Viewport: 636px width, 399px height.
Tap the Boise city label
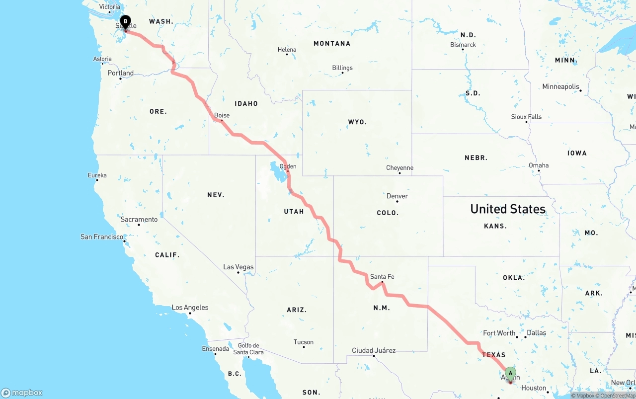click(222, 115)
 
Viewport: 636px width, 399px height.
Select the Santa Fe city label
click(382, 276)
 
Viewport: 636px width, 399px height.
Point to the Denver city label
click(397, 196)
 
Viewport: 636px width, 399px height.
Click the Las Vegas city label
click(238, 267)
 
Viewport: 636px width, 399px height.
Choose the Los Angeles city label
click(190, 307)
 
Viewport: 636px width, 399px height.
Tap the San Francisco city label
click(102, 237)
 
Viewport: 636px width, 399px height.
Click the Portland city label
click(120, 73)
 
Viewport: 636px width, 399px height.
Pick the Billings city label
click(342, 68)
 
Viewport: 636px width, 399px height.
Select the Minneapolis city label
click(561, 86)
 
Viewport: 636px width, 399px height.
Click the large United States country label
click(508, 209)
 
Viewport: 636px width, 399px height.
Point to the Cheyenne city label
click(399, 168)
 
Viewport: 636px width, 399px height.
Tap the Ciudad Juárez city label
click(374, 350)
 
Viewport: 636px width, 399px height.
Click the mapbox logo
click(22, 393)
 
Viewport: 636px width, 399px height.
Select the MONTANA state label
click(332, 44)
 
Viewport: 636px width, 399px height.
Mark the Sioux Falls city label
click(526, 117)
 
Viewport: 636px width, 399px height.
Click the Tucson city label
click(304, 342)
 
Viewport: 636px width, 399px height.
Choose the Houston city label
click(534, 388)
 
